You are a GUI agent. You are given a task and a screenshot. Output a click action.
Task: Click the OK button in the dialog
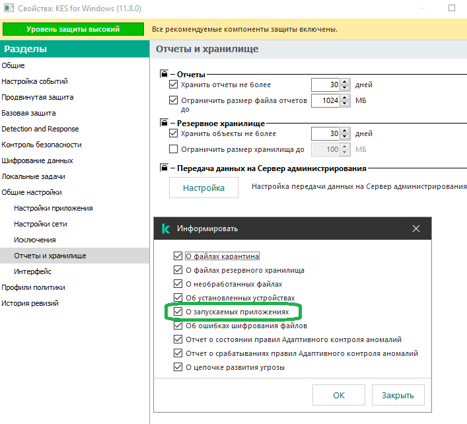pos(339,395)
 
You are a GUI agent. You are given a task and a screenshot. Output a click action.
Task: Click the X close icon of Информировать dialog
pos(416,229)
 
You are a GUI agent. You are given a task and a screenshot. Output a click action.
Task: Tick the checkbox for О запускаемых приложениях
pos(178,312)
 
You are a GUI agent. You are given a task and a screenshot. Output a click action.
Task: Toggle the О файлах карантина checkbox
pos(178,256)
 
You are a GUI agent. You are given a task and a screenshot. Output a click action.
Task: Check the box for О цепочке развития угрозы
pos(178,367)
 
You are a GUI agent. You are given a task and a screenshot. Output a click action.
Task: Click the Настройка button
pos(203,188)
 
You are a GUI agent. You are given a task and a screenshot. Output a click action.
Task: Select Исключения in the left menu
pos(35,240)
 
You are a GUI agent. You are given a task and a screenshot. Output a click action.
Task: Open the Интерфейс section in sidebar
pos(32,271)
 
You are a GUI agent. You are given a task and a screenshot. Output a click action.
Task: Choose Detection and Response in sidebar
pos(40,129)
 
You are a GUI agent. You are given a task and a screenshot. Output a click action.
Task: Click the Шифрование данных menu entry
pos(37,160)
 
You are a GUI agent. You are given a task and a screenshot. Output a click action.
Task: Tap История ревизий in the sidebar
pos(30,303)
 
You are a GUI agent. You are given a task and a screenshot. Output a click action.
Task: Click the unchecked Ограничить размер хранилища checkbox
pos(173,149)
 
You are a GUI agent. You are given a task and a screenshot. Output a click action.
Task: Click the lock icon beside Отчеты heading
pos(164,74)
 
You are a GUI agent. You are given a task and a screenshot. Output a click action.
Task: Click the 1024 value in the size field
pos(330,100)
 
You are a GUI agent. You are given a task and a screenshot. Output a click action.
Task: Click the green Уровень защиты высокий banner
pos(73,29)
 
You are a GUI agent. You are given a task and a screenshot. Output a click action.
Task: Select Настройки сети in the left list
pos(40,224)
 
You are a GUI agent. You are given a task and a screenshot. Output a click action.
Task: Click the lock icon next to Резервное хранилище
pos(164,123)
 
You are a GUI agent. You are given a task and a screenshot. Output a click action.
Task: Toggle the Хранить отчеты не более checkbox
pos(173,85)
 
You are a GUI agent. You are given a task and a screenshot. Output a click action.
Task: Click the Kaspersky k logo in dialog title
pos(166,229)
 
